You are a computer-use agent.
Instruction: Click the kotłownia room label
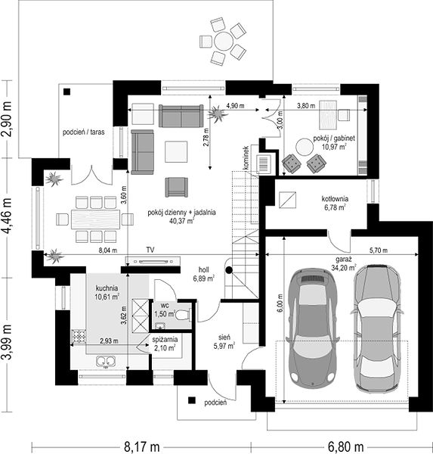pos(335,199)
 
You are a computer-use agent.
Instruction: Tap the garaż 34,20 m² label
pos(344,263)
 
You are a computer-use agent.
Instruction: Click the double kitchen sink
pos(106,362)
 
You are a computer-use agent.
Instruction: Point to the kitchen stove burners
pos(79,337)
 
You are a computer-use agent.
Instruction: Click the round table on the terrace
pos(223,42)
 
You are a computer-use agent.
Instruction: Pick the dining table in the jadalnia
pos(96,219)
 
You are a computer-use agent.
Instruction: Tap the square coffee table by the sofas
pos(176,151)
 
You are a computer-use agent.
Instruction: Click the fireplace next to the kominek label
pos(264,164)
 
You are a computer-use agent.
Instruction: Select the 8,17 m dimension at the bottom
pos(142,446)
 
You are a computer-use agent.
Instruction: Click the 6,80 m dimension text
pos(346,446)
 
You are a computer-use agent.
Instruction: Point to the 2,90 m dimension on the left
pos(8,119)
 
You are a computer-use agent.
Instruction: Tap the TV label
pos(150,250)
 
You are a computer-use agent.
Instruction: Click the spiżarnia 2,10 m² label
pos(165,344)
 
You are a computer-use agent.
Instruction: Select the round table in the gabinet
pos(305,147)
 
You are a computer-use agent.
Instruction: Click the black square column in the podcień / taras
pos(67,92)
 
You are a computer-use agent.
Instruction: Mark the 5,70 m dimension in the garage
pos(379,250)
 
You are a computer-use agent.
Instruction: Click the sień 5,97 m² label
pos(224,342)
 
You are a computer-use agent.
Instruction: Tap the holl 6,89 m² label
pos(203,274)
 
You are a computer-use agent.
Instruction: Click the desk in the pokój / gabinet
pos(328,115)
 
